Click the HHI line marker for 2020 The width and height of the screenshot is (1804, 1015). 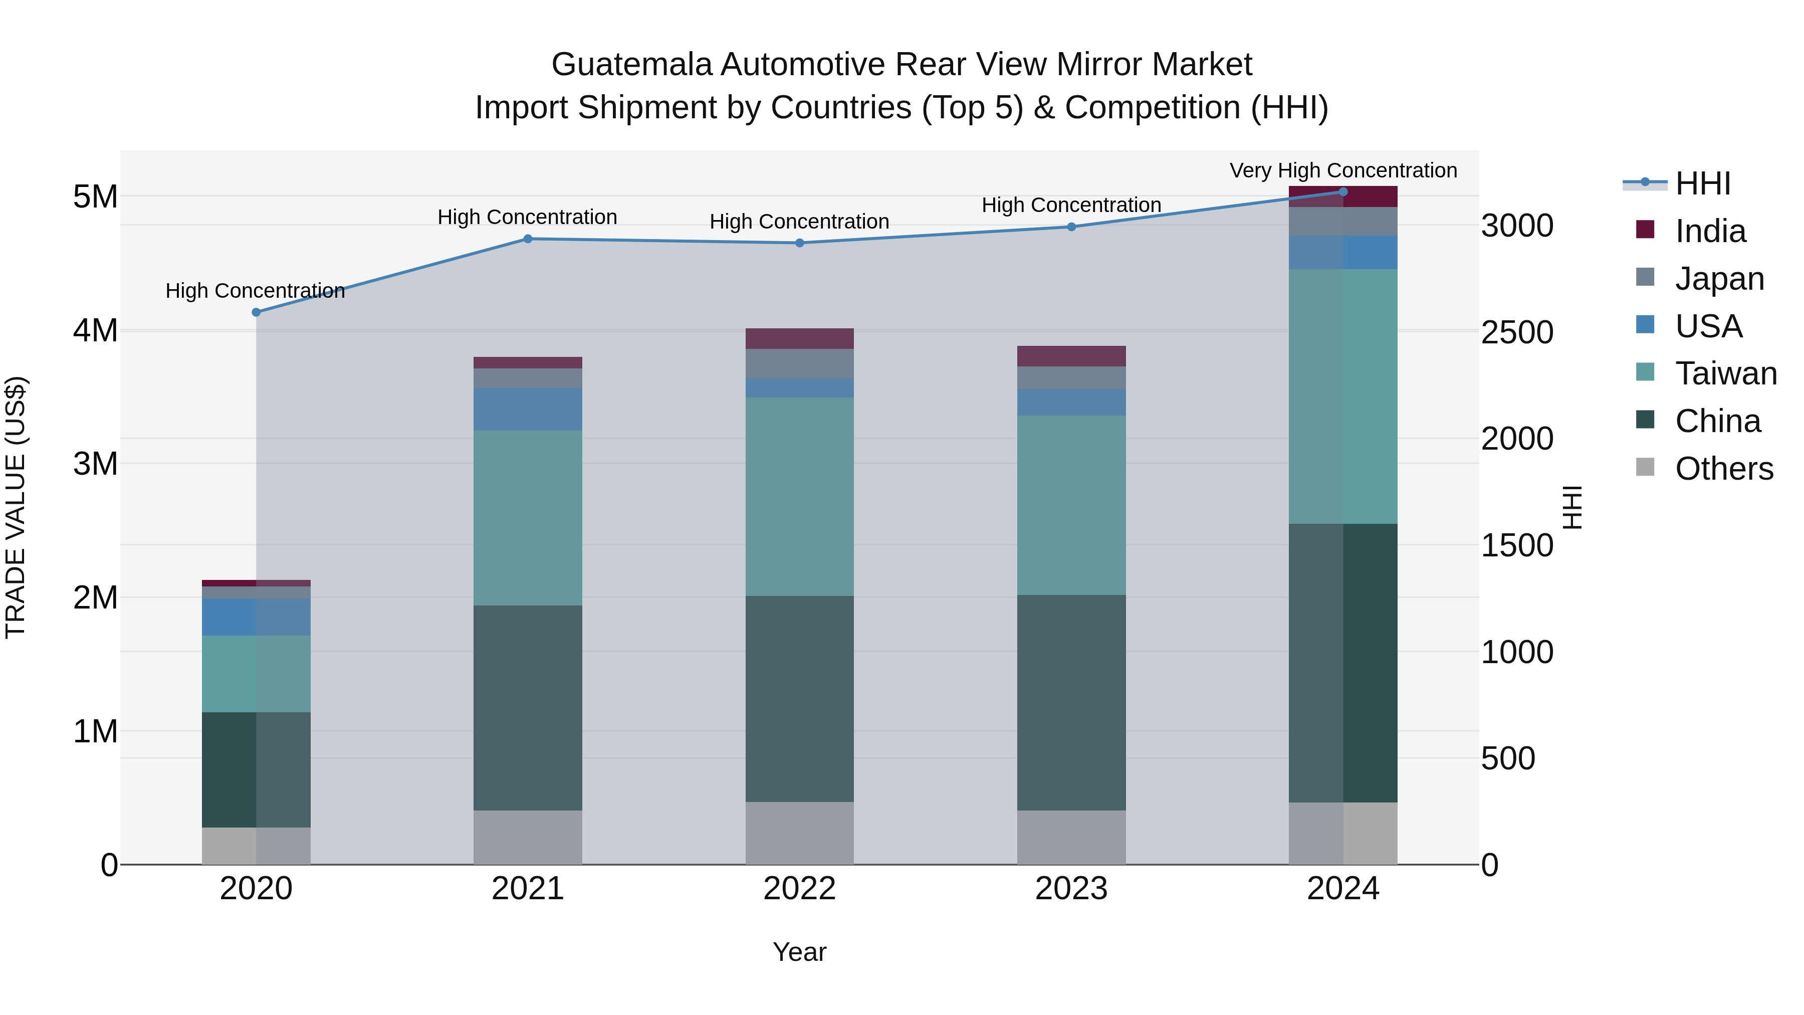pyautogui.click(x=256, y=312)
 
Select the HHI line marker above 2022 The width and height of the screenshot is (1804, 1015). pyautogui.click(x=800, y=243)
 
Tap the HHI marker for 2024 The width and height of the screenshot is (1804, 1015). pyautogui.click(x=1343, y=192)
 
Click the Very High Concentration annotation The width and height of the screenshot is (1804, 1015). pyautogui.click(x=1343, y=170)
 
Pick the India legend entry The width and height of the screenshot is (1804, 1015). pyautogui.click(x=1710, y=231)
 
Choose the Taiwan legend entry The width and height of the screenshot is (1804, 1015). pyautogui.click(x=1725, y=373)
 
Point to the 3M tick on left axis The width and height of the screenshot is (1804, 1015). pyautogui.click(x=95, y=464)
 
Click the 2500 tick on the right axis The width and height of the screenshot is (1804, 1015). pyautogui.click(x=1517, y=333)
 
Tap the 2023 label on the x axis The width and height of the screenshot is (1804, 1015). pyautogui.click(x=1071, y=889)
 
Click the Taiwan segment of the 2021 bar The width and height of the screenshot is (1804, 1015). pyautogui.click(x=528, y=518)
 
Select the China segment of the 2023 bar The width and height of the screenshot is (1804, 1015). pyautogui.click(x=1071, y=703)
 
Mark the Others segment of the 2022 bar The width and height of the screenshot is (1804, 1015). pyautogui.click(x=800, y=833)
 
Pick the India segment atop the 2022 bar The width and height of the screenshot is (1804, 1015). pyautogui.click(x=800, y=338)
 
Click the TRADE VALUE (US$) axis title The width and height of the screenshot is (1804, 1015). pyautogui.click(x=16, y=507)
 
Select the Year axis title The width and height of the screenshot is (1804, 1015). pyautogui.click(x=800, y=952)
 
